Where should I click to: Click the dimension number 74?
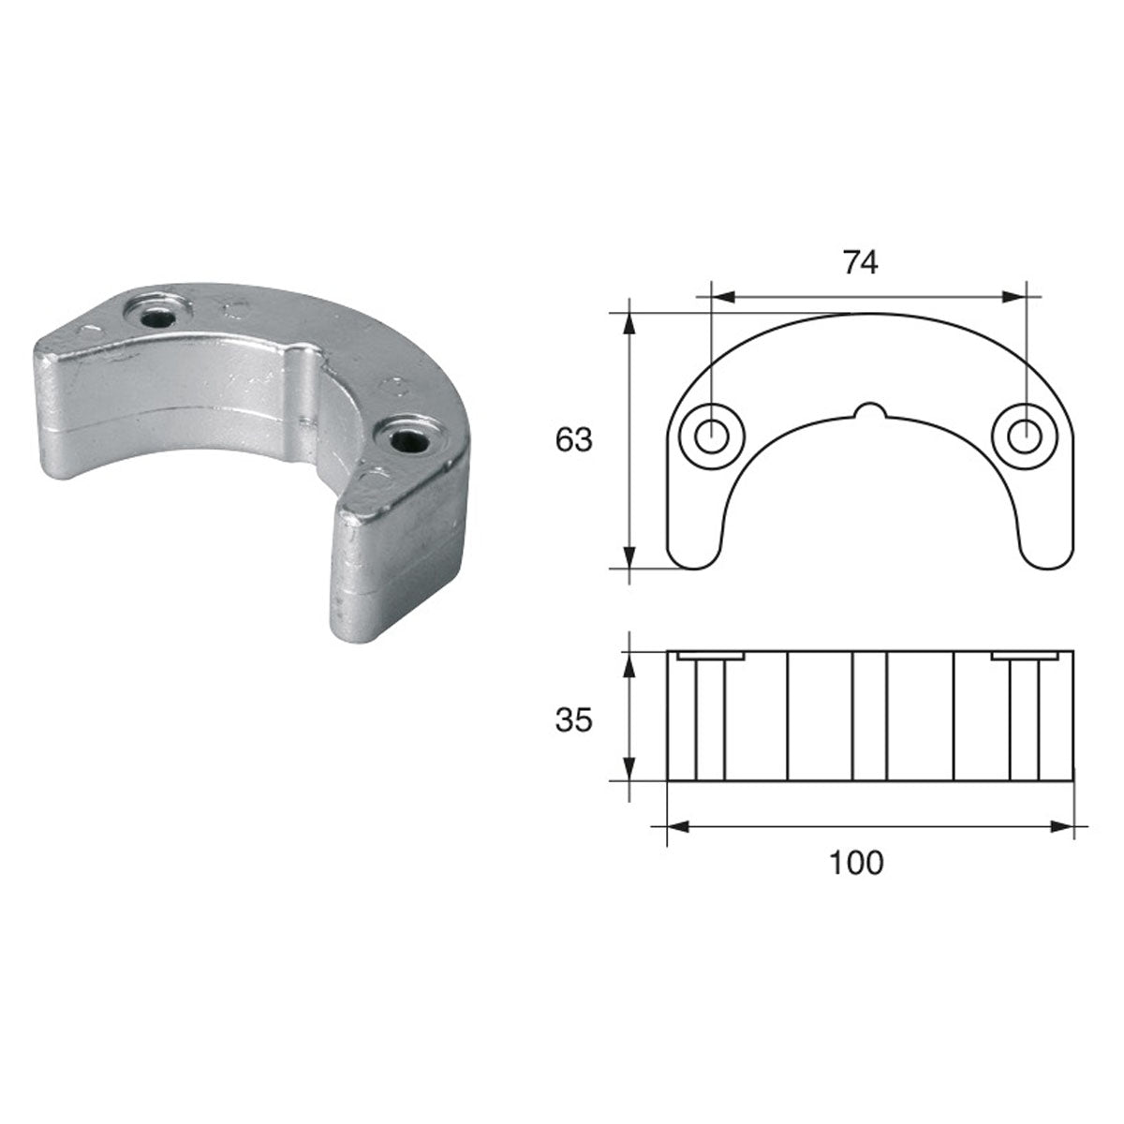(x=860, y=263)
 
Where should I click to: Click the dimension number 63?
(x=574, y=439)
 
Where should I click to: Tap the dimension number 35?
(x=574, y=720)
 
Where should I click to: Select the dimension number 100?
(x=856, y=862)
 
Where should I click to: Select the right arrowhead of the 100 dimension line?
(x=1062, y=827)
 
